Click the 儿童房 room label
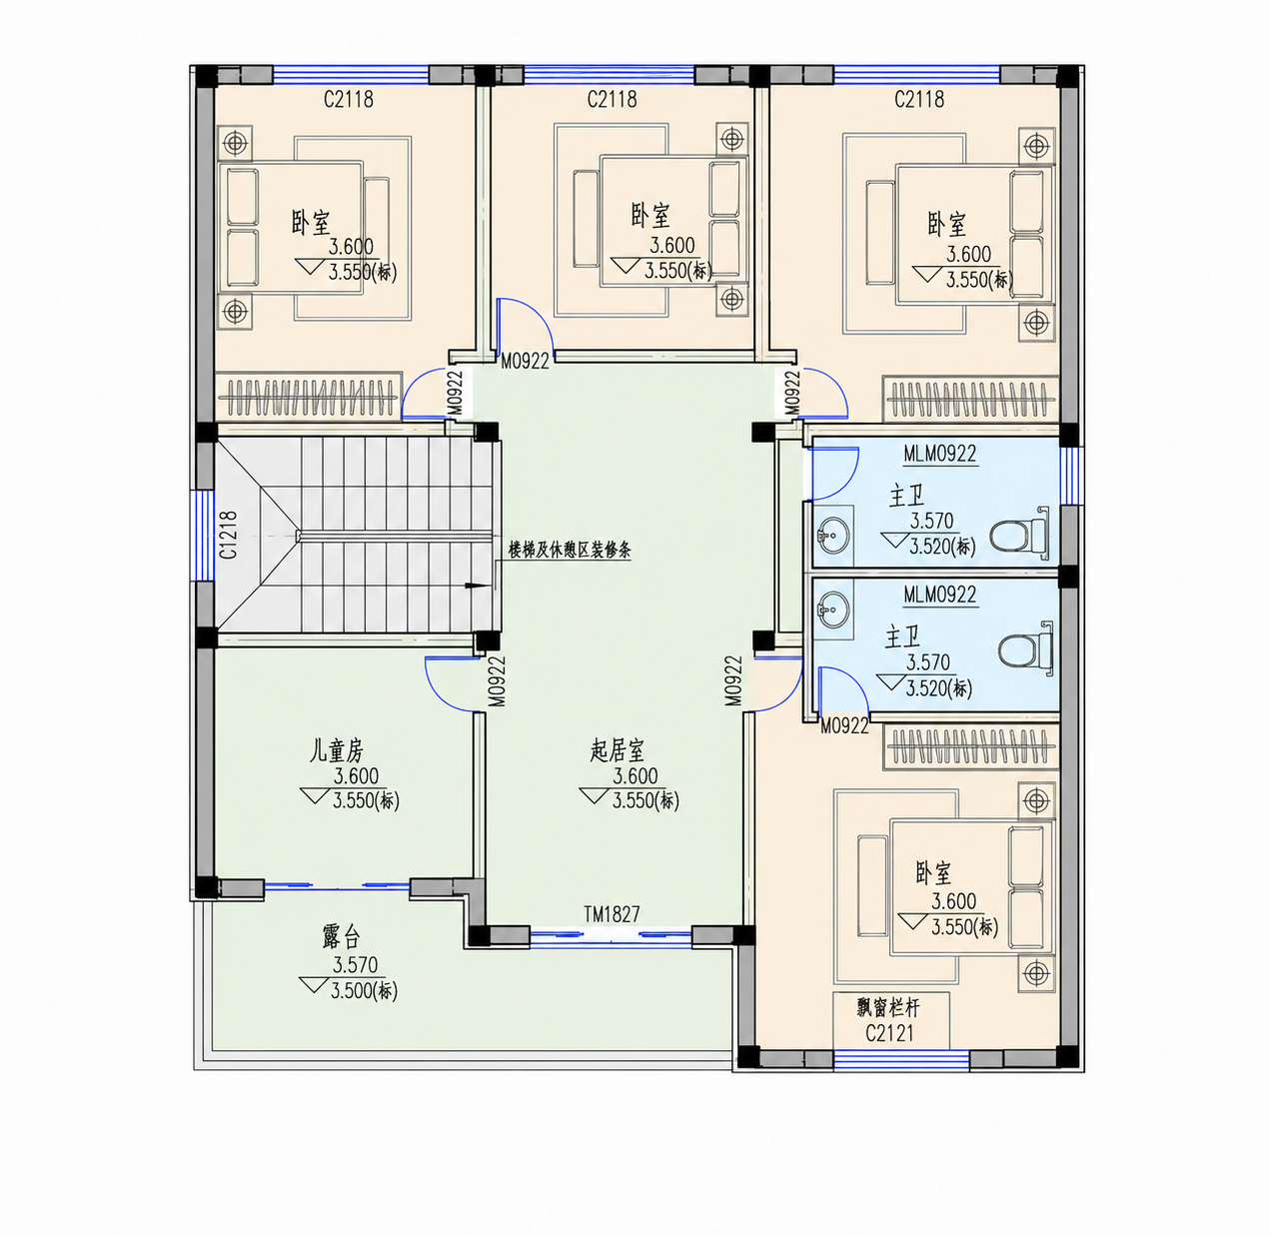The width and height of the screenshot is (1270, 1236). (336, 750)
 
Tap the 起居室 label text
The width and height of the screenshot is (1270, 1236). (618, 750)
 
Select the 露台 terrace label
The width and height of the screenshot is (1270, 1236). (342, 937)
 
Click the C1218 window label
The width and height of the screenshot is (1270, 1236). (229, 536)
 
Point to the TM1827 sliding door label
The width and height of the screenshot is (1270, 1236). (612, 914)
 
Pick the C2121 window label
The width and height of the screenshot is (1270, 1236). (889, 1033)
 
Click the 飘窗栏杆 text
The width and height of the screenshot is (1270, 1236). (888, 1008)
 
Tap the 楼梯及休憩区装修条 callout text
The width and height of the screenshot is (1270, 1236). (570, 551)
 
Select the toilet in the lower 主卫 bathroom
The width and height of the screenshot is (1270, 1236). (1025, 646)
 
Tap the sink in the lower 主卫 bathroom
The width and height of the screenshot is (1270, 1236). (833, 609)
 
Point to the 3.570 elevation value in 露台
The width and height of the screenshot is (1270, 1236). (355, 964)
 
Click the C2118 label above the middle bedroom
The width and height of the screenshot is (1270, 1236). (612, 99)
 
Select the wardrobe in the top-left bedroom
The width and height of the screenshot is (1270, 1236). (309, 397)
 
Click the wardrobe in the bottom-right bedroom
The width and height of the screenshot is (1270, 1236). (971, 745)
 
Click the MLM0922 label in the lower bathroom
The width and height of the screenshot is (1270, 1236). (940, 595)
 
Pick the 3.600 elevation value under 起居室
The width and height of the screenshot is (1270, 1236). (635, 776)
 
